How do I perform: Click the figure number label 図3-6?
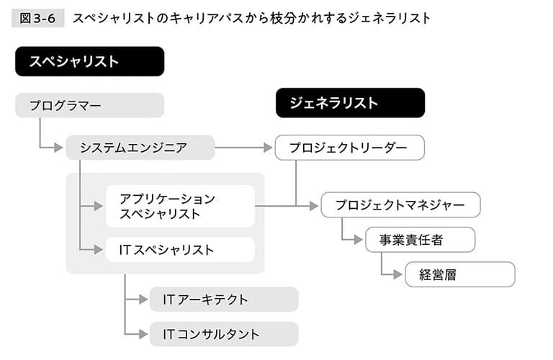point(37,18)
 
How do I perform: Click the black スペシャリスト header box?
point(89,61)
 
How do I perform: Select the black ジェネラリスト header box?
point(350,103)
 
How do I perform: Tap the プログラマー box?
point(89,105)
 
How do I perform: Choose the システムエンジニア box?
point(140,148)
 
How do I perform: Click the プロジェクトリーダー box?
point(350,148)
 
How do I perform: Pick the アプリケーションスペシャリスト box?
point(180,206)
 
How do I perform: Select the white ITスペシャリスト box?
point(180,250)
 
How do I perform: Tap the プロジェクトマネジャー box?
point(400,204)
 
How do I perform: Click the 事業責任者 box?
point(421,240)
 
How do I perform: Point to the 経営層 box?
point(460,274)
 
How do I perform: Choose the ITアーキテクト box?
point(224,300)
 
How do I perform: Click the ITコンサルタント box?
point(224,334)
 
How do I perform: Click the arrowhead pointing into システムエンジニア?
point(59,148)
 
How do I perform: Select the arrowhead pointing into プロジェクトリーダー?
point(268,148)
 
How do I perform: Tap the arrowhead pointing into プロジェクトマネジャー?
point(314,206)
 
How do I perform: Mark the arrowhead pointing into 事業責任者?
point(359,240)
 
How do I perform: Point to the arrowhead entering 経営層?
point(397,274)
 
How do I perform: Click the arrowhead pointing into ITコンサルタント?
point(143,334)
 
